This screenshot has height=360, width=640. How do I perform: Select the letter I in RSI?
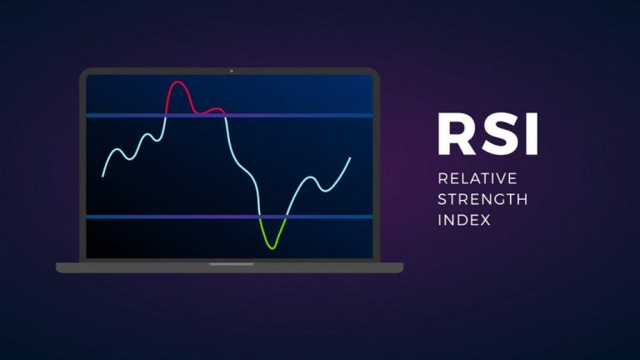point(532,134)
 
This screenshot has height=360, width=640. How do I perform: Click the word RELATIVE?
point(477,178)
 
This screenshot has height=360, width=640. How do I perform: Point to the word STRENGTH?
point(482,199)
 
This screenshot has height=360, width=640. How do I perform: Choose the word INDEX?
point(464,220)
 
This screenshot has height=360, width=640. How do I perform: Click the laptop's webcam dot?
point(232,71)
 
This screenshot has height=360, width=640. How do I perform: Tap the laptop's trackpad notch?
point(232,264)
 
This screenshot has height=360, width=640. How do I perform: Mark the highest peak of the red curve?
point(177,82)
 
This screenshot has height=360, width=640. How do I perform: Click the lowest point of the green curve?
point(272,247)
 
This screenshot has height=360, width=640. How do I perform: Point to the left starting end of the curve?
point(102,177)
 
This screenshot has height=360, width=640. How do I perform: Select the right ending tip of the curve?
point(350,158)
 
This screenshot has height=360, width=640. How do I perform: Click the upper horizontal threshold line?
point(229,116)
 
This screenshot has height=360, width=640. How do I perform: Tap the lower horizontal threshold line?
point(229,217)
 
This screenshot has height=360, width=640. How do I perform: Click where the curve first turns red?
point(166,115)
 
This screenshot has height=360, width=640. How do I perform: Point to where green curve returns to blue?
point(286,217)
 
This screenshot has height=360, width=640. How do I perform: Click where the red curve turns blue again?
point(225,116)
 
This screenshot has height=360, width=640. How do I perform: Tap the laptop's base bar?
point(229,267)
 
